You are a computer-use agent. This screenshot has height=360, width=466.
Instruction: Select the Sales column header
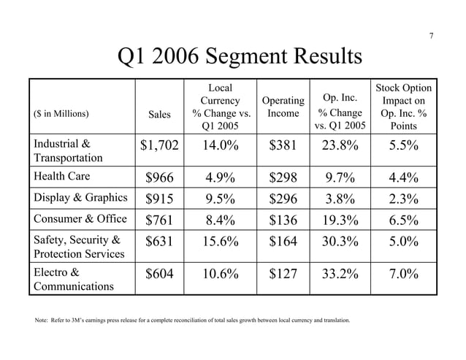160,113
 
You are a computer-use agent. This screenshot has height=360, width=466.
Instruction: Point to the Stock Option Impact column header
404,107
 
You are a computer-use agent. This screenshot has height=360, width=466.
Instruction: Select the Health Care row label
62,175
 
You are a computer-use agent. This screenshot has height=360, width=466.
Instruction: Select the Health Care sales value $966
159,176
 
